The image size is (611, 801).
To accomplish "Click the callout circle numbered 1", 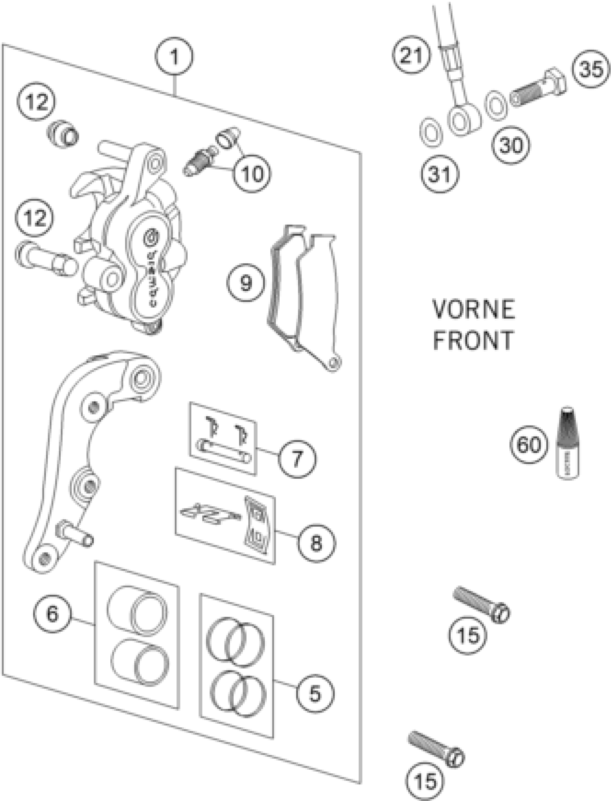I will point(174,56).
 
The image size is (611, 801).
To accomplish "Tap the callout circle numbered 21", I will point(411,55).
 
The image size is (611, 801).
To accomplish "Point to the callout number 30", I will point(511,145).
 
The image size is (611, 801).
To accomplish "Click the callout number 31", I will point(440,174).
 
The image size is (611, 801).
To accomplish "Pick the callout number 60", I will point(529,445).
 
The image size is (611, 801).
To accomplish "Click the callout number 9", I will point(246,282).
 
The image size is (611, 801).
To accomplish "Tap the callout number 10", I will point(252,173).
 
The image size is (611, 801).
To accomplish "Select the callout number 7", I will point(297,459).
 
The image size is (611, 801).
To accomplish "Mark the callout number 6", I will point(52,614).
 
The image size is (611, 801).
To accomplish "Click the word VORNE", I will point(474,310).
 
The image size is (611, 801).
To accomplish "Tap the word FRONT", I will point(473,340).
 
